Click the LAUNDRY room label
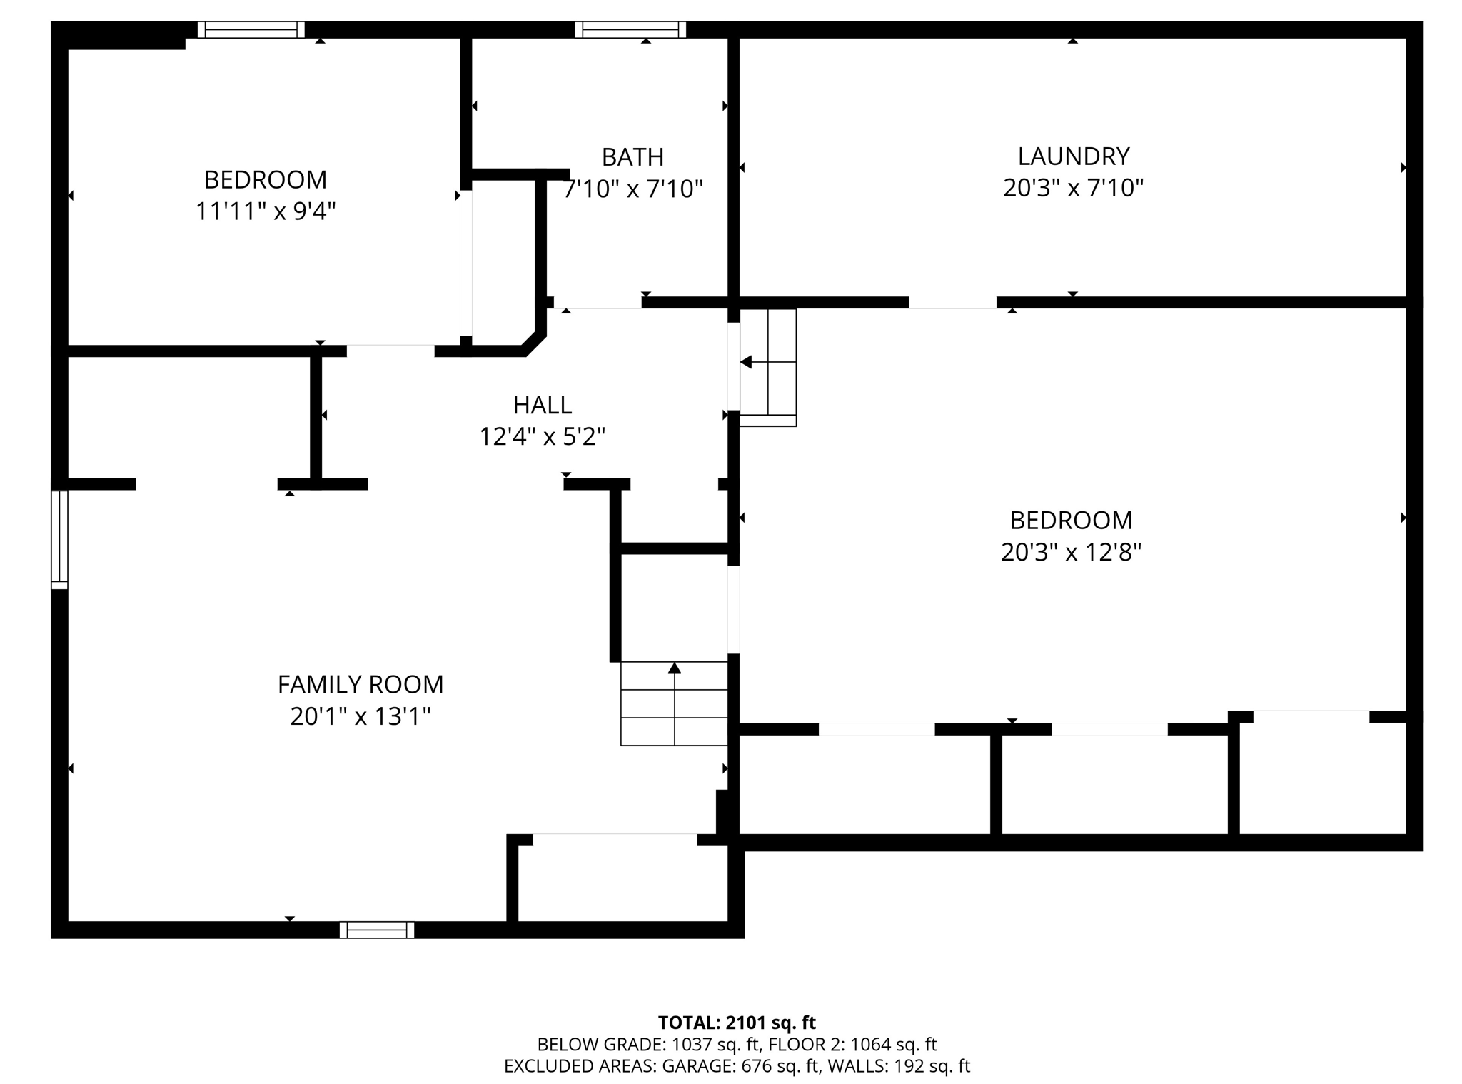[x=1073, y=156]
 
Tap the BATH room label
[x=632, y=156]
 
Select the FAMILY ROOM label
[x=361, y=684]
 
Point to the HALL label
[x=543, y=405]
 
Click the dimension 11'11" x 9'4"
[x=266, y=211]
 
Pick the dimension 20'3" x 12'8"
[x=1071, y=552]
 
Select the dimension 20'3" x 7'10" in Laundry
[x=1073, y=188]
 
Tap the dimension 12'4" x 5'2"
[x=543, y=436]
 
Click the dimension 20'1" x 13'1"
[x=361, y=716]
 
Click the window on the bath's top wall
[x=630, y=29]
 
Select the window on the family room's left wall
[x=59, y=540]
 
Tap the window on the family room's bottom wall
[x=377, y=930]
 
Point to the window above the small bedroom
[x=251, y=29]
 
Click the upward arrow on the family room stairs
[x=675, y=668]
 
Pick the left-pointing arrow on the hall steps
[x=746, y=363]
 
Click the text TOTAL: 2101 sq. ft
[x=737, y=1023]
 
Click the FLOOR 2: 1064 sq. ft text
[x=852, y=1045]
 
